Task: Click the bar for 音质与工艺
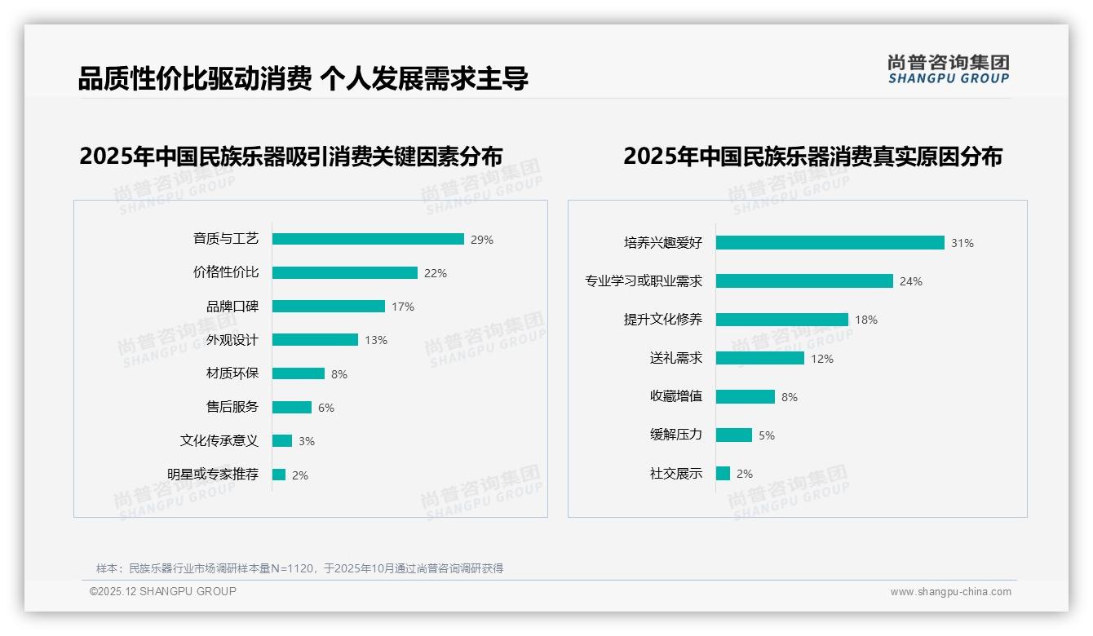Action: click(x=368, y=239)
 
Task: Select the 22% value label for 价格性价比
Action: click(x=435, y=273)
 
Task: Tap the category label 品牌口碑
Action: click(x=232, y=307)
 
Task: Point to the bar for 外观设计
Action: click(x=315, y=340)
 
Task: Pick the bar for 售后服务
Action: click(x=292, y=407)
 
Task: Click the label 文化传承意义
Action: click(x=219, y=441)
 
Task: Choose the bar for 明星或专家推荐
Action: click(x=279, y=475)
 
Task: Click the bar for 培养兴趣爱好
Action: click(x=830, y=242)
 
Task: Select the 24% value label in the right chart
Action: click(x=910, y=281)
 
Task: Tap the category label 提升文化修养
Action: click(x=662, y=320)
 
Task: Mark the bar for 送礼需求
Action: click(x=759, y=358)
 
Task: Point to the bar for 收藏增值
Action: click(x=745, y=396)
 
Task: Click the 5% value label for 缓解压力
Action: click(x=766, y=435)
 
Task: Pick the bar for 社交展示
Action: click(x=723, y=473)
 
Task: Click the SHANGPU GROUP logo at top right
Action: click(x=948, y=69)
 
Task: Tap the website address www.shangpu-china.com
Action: click(x=950, y=592)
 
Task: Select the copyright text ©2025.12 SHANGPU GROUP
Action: click(x=162, y=591)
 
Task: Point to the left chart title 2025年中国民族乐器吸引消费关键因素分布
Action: click(x=290, y=157)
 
